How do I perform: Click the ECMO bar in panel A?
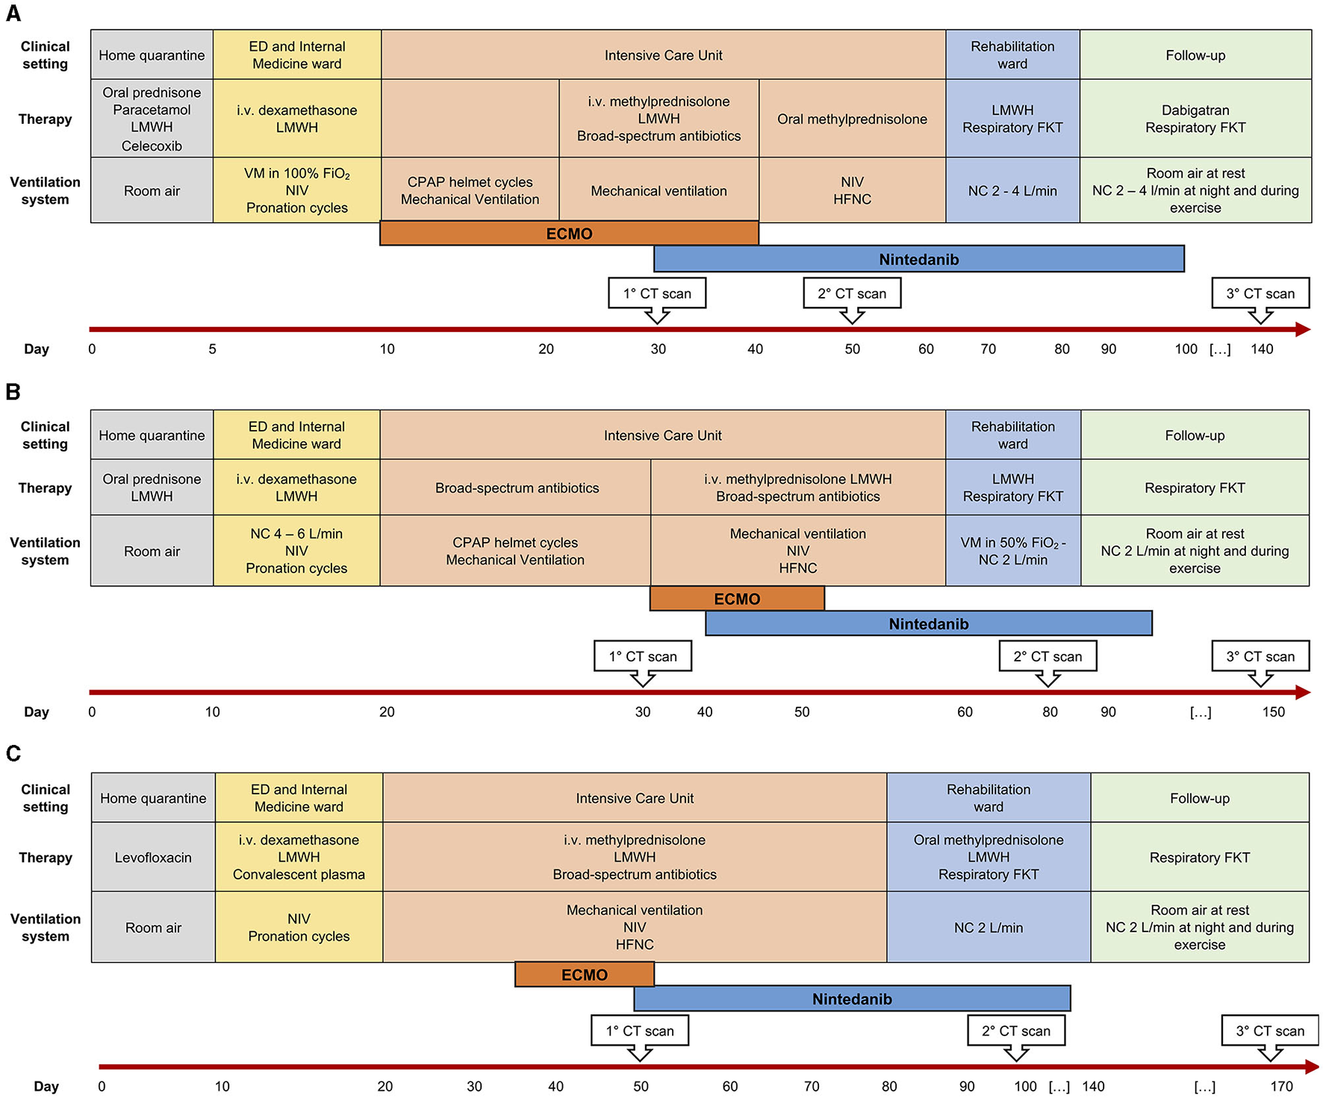tap(569, 234)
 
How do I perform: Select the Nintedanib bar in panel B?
tap(928, 624)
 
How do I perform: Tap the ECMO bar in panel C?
tap(584, 975)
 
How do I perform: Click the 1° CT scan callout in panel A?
tap(657, 293)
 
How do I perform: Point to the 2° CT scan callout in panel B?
tap(1047, 657)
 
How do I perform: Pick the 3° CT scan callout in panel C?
tap(1269, 1031)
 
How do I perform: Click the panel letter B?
tap(13, 392)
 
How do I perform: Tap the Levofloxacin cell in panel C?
tap(153, 858)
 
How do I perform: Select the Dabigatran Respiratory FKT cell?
tap(1195, 119)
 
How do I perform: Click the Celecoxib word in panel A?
tap(152, 146)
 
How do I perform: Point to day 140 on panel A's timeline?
tap(1262, 349)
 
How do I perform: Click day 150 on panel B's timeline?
tap(1273, 712)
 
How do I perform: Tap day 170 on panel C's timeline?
tap(1281, 1087)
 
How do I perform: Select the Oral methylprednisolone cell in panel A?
tap(852, 119)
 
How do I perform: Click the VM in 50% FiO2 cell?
tap(1012, 551)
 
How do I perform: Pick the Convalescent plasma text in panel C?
tap(299, 875)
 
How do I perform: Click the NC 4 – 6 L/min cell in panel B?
tap(296, 551)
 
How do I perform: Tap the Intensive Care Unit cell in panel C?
tap(635, 798)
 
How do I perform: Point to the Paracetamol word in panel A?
tap(152, 110)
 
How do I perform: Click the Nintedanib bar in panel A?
tap(918, 260)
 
